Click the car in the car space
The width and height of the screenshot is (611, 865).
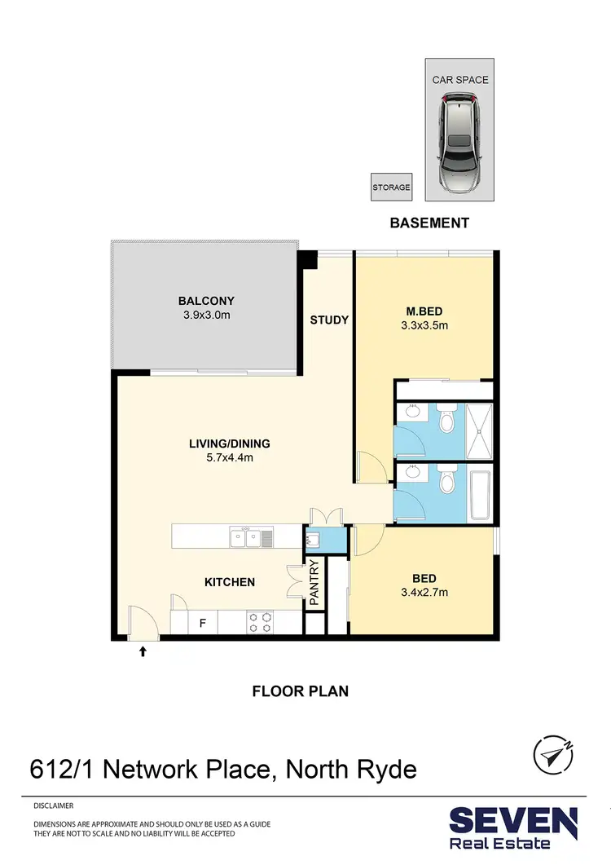(459, 143)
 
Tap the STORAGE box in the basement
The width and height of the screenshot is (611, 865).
(391, 188)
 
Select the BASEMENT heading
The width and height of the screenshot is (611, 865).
(429, 223)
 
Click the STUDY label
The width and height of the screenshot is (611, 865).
(329, 320)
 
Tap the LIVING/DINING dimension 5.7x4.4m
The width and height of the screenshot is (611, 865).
(229, 457)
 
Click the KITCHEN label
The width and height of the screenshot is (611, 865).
(229, 582)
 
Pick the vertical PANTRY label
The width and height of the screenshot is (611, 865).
(314, 582)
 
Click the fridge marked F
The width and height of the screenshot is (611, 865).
(202, 624)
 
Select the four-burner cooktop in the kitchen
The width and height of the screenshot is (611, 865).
(261, 623)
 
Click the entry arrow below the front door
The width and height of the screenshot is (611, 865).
(143, 651)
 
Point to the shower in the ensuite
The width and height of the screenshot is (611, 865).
(479, 430)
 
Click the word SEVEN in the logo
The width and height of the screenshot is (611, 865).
(514, 821)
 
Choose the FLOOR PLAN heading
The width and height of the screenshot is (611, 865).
(300, 691)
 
